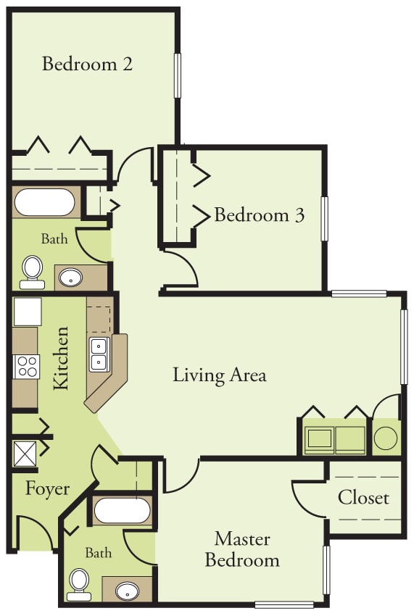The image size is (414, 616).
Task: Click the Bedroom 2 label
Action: pyautogui.click(x=87, y=64)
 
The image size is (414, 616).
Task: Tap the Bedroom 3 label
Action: pyautogui.click(x=259, y=215)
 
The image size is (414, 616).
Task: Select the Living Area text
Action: pyautogui.click(x=220, y=375)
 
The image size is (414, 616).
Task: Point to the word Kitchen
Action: pyautogui.click(x=62, y=359)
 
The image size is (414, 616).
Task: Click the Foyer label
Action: pyautogui.click(x=47, y=488)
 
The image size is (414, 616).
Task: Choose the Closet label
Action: pyautogui.click(x=363, y=498)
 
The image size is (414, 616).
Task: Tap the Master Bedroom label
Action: pyautogui.click(x=242, y=549)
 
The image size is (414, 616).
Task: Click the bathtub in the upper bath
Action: pyautogui.click(x=45, y=202)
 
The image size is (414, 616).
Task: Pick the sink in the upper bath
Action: pyautogui.click(x=70, y=277)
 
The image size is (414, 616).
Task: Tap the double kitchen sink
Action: pyautogui.click(x=99, y=354)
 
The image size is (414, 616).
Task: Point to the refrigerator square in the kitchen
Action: pyautogui.click(x=28, y=312)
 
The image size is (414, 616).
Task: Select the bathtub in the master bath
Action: pyautogui.click(x=122, y=510)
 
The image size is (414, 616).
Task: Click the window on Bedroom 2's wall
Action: pyautogui.click(x=178, y=75)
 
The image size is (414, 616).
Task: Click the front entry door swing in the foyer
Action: pyautogui.click(x=35, y=533)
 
